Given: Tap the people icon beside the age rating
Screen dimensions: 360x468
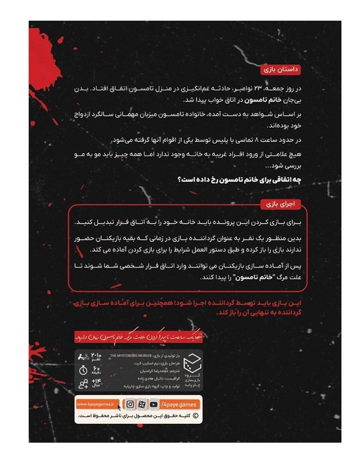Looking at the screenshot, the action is (x=83, y=383).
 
